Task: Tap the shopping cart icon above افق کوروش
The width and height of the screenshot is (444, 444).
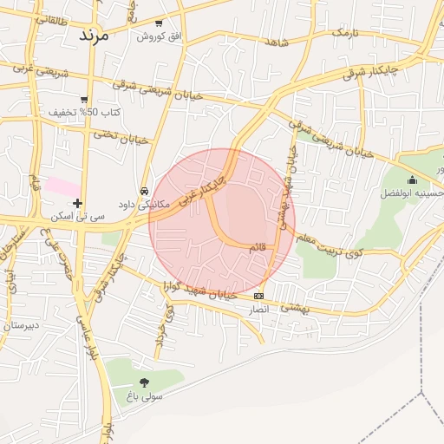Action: (x=158, y=23)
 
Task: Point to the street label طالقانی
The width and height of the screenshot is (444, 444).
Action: (x=51, y=17)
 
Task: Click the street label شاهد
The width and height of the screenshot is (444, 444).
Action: (x=277, y=42)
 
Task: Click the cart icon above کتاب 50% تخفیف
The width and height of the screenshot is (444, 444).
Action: (x=83, y=99)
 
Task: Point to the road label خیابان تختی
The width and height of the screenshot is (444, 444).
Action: (x=121, y=136)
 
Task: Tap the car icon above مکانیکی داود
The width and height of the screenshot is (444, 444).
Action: (x=144, y=191)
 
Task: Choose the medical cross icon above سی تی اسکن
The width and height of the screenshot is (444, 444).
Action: (x=78, y=203)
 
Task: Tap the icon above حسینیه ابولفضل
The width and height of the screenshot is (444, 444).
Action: (x=411, y=180)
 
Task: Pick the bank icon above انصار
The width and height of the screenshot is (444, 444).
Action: (x=258, y=296)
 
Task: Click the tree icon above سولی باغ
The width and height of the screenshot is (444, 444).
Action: (x=144, y=382)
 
